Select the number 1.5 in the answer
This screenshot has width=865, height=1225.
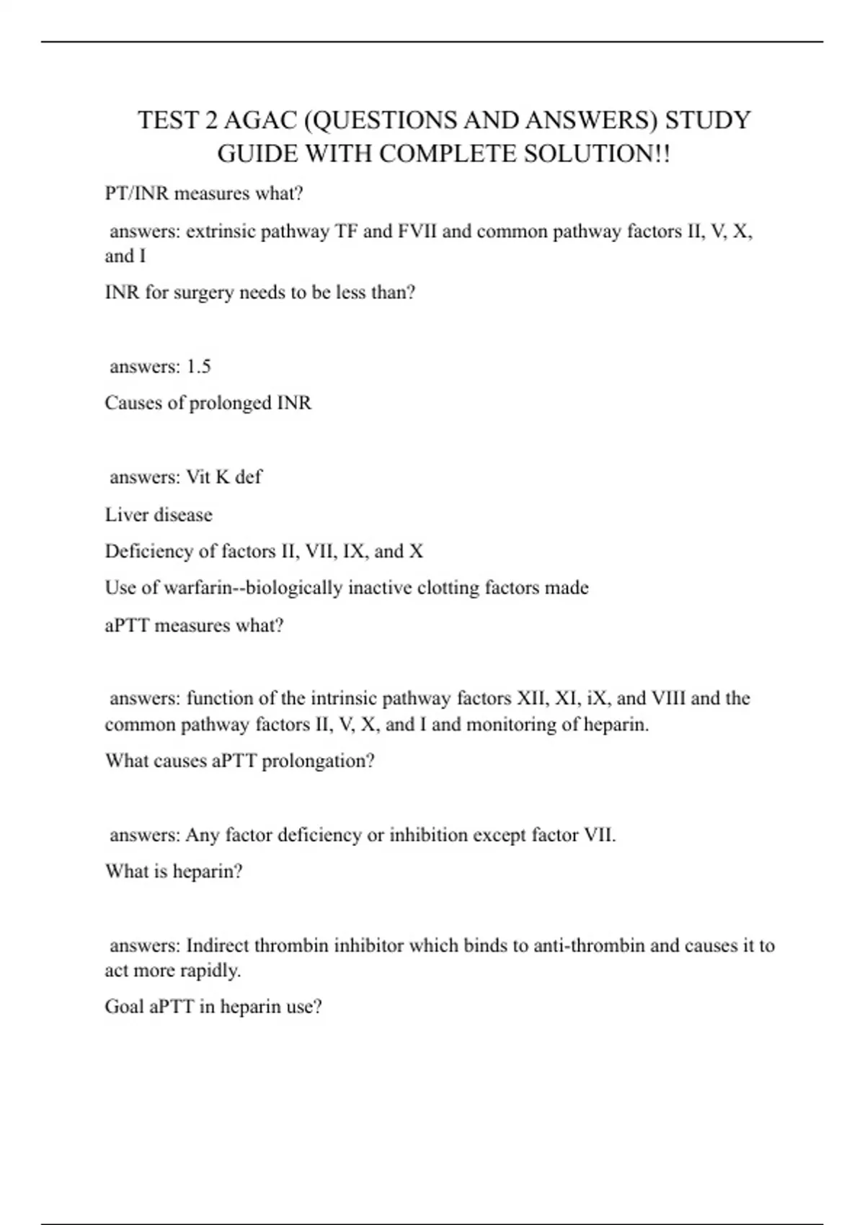198,367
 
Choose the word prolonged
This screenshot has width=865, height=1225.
231,403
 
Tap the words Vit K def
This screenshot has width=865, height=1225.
224,477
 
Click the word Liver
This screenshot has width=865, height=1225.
123,514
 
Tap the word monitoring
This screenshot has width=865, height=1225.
511,724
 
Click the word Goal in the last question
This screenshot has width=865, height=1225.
124,1007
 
